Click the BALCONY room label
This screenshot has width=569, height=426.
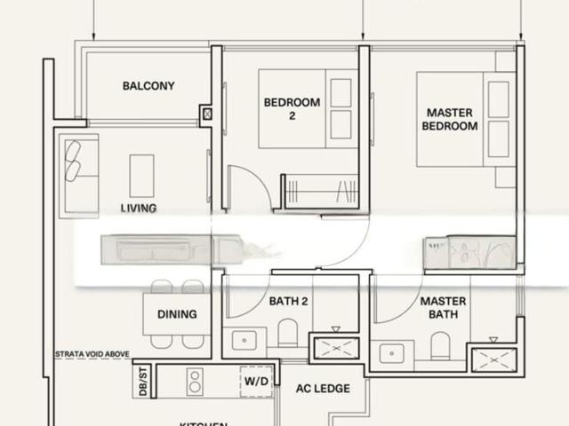148,86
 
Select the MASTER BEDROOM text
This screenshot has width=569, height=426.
449,120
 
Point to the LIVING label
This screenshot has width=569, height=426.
139,209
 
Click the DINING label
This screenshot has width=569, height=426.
177,314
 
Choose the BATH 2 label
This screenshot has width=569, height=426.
288,302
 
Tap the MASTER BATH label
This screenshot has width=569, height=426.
443,308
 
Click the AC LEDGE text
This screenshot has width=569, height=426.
324,389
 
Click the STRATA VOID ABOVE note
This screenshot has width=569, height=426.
92,354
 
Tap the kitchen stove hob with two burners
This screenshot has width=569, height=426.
195,382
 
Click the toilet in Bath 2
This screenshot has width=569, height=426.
287,334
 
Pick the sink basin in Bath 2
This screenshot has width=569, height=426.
243,341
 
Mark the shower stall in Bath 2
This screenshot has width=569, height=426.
334,346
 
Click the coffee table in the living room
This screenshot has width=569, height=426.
142,176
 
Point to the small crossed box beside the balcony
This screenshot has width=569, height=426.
207,114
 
